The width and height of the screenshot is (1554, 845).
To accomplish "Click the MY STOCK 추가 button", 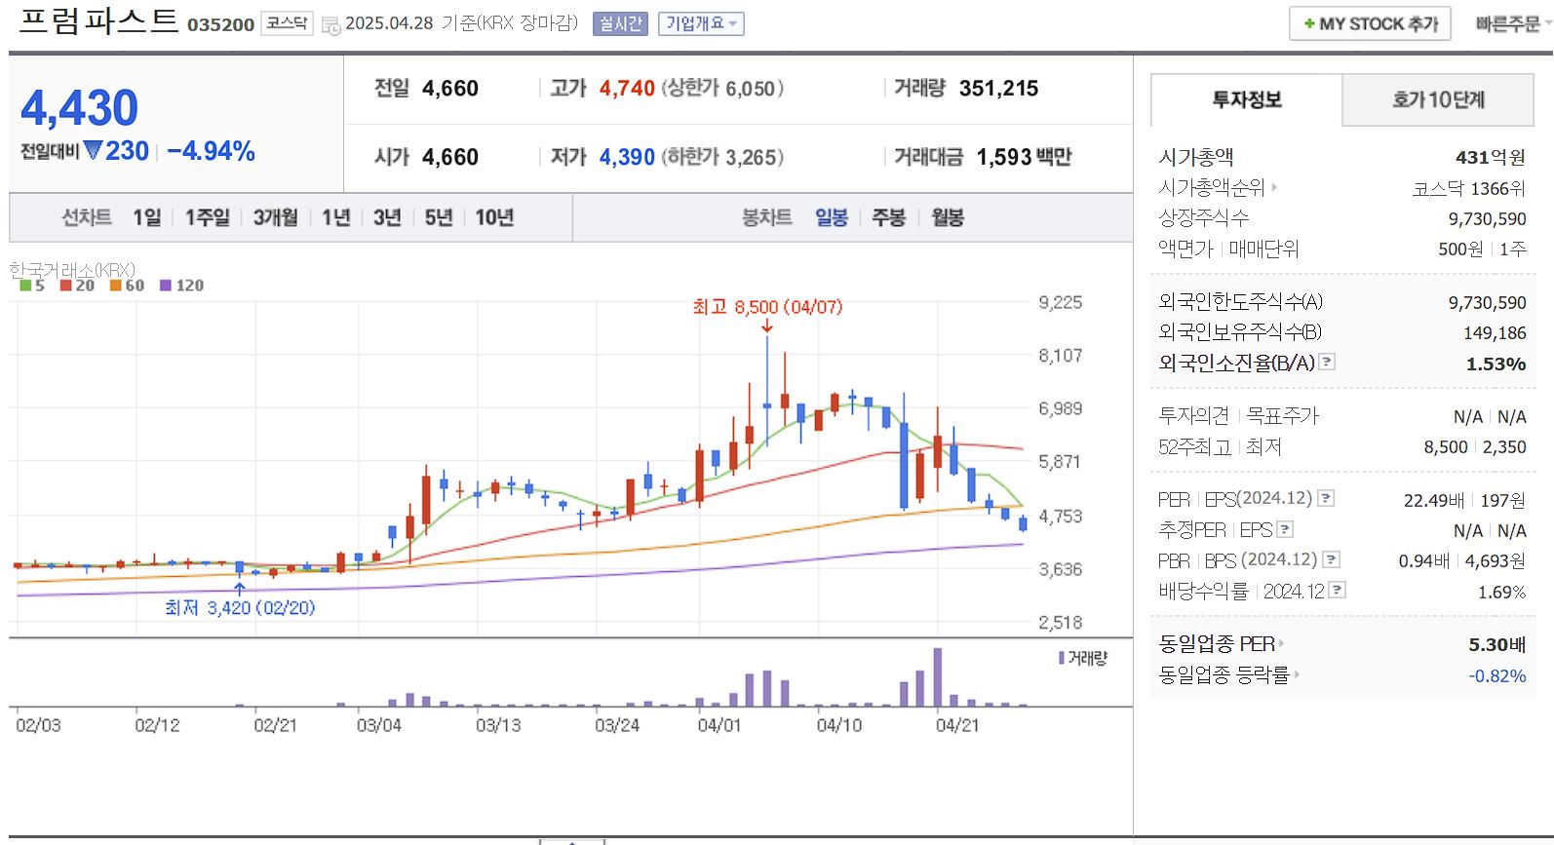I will click(1370, 23).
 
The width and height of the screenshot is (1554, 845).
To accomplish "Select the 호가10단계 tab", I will click(1438, 99).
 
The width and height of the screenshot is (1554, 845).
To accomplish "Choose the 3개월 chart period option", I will click(275, 217).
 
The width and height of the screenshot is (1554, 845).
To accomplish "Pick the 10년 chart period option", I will click(494, 217).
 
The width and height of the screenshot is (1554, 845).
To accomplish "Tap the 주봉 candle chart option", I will click(888, 217).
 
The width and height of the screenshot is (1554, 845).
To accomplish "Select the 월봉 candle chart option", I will click(948, 217).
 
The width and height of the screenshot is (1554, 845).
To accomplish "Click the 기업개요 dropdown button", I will click(701, 23).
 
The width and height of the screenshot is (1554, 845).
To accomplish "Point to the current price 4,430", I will click(80, 108).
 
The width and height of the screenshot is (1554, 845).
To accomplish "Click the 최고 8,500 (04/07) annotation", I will click(767, 307).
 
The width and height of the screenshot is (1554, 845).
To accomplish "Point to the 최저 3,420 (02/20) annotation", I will click(240, 608).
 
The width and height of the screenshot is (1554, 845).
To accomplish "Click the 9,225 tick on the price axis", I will click(1060, 302).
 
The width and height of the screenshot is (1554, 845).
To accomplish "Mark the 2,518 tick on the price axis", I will click(1060, 623).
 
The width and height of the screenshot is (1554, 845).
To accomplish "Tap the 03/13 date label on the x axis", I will click(498, 725).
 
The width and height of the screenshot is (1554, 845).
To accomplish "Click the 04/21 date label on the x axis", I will click(957, 725).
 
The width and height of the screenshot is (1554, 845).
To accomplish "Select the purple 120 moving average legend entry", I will click(182, 286).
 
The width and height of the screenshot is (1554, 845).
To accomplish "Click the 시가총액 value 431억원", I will click(1490, 157).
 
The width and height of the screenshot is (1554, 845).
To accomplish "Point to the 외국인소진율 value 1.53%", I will click(1496, 364).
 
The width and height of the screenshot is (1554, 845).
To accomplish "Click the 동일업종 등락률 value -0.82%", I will click(1496, 675).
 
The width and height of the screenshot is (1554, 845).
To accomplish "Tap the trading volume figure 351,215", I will click(998, 89).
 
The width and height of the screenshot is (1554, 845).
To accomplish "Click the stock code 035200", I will click(220, 24).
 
